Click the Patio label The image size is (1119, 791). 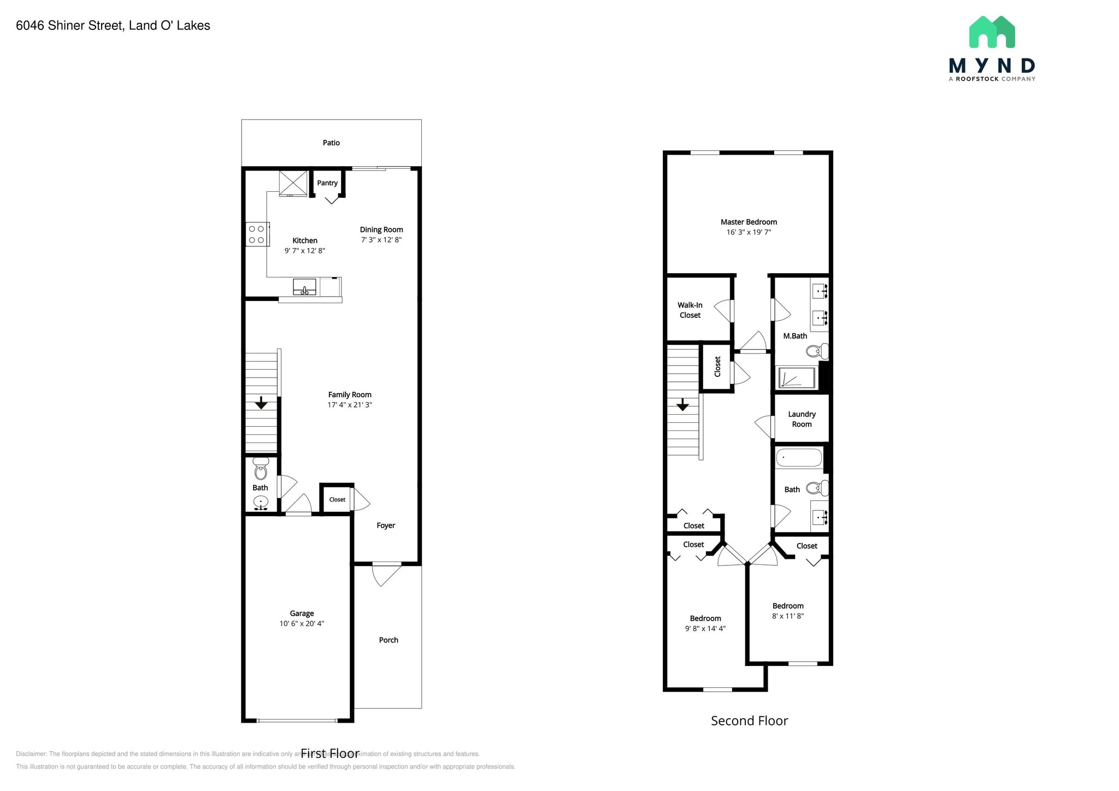click(331, 143)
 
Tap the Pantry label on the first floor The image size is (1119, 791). click(327, 183)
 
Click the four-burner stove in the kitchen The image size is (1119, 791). click(257, 234)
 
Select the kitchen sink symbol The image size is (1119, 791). click(304, 287)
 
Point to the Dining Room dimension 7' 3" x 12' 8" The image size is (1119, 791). click(381, 240)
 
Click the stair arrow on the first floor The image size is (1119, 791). click(261, 403)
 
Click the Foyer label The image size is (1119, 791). click(386, 526)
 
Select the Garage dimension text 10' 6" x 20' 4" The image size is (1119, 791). click(302, 623)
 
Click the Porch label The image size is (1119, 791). click(388, 640)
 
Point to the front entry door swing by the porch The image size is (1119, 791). click(386, 575)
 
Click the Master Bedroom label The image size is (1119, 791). click(749, 222)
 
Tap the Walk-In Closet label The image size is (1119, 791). click(690, 310)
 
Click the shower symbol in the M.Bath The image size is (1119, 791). click(797, 378)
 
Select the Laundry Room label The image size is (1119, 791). click(802, 419)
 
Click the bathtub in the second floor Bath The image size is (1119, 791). click(799, 457)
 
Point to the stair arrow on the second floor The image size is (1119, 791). click(682, 405)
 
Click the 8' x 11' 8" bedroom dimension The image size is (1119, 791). click(788, 616)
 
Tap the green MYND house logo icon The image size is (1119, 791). click(992, 32)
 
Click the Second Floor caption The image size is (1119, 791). click(749, 721)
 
